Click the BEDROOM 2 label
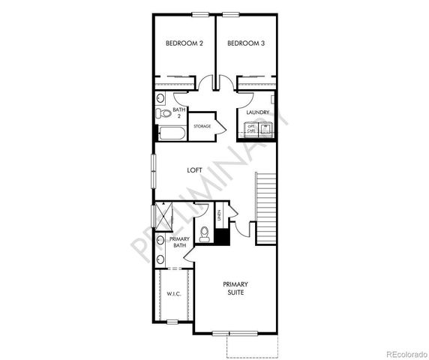tap(184, 43)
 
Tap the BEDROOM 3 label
tap(246, 43)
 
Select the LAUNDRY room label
tap(258, 112)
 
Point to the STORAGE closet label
tap(202, 126)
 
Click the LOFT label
tap(194, 170)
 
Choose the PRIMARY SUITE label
tap(235, 289)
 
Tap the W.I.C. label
tap(174, 294)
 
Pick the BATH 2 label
tap(178, 113)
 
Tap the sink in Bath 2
tap(161, 98)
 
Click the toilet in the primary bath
tap(205, 233)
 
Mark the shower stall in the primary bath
tap(163, 217)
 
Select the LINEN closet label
tap(218, 216)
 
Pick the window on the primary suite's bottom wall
tap(231, 332)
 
